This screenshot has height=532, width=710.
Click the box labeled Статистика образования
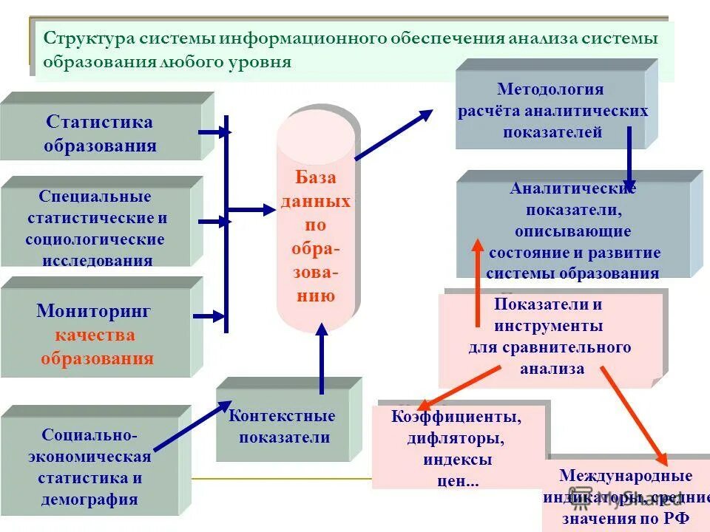100,133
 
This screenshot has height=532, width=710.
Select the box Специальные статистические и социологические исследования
96,228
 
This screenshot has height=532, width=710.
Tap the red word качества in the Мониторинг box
94,335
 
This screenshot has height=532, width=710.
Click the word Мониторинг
94,311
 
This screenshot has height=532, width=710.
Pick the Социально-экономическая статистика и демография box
90,465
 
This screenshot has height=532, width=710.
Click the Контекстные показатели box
282,426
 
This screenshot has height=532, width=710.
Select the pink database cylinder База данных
316,222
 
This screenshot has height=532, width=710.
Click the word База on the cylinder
316,177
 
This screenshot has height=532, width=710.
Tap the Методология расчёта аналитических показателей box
552,111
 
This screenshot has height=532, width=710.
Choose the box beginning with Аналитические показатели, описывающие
573,231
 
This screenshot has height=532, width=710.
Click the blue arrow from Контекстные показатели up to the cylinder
322,362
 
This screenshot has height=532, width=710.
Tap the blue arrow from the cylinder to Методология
394,134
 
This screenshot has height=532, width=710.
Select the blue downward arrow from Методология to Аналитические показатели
629,157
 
